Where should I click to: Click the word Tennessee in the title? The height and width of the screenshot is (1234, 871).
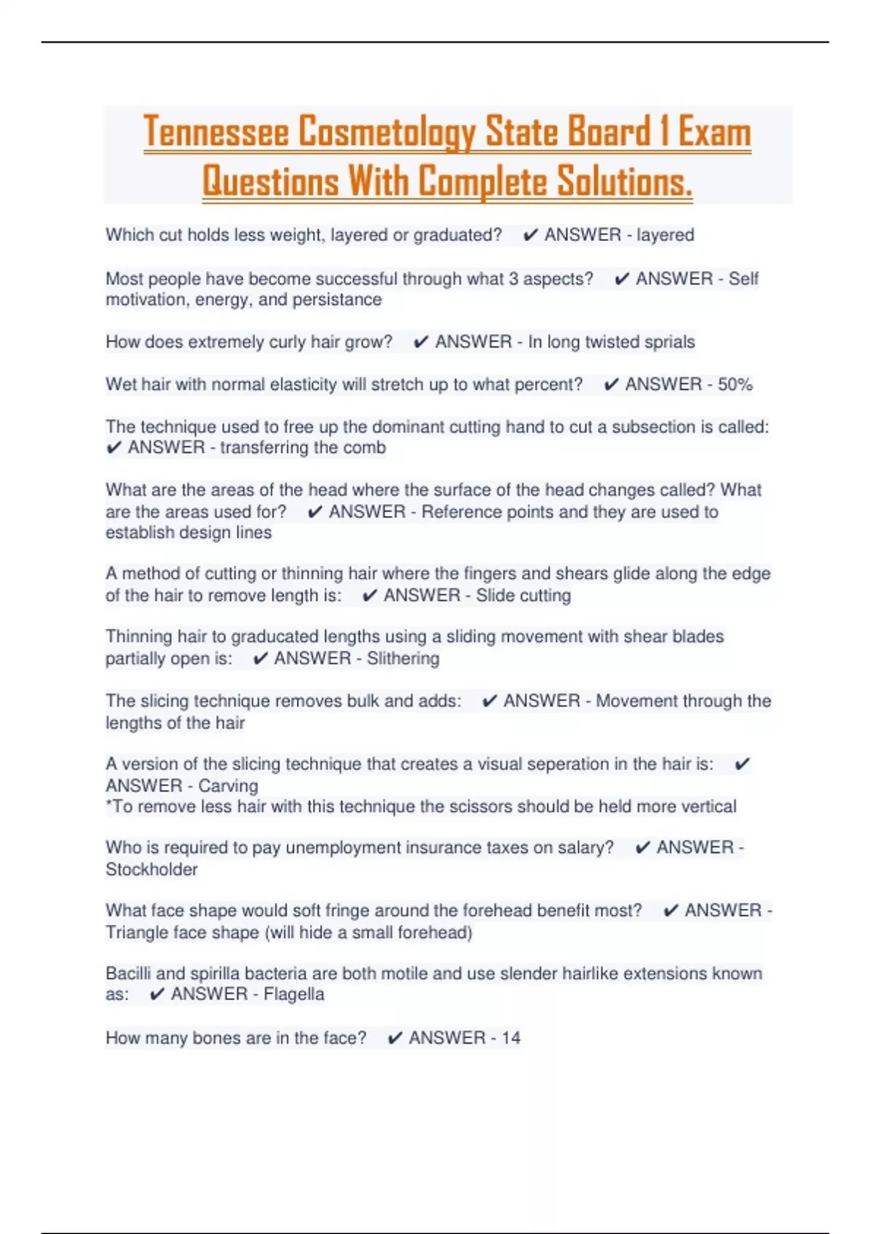217,132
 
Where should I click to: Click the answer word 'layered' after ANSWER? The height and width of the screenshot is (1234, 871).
665,235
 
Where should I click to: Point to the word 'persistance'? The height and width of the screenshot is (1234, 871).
337,300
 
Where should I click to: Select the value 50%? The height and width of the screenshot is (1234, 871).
735,385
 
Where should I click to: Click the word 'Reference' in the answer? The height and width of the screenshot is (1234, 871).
457,512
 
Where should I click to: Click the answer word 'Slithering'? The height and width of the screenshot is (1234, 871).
403,658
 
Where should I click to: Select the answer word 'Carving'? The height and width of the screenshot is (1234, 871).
228,786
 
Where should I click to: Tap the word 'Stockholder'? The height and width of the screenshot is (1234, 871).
152,870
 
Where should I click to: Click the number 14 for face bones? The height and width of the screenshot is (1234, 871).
511,1038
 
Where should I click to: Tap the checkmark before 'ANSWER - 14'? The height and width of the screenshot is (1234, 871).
395,1039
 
